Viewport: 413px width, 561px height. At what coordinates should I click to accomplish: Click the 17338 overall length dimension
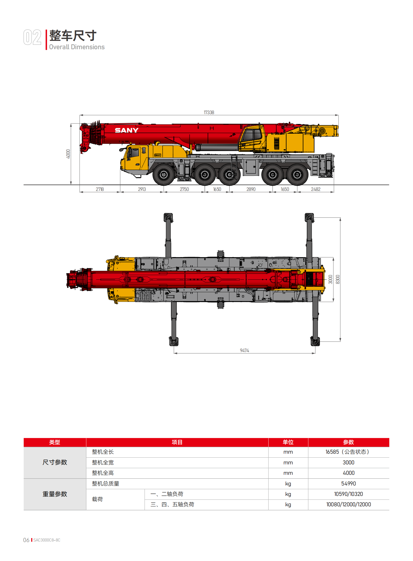[x=209, y=112]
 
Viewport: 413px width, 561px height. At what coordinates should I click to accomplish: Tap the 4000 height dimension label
[x=68, y=154]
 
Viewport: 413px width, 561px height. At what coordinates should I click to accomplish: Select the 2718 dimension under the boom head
[x=100, y=189]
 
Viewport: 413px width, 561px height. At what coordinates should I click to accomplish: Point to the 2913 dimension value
[x=142, y=189]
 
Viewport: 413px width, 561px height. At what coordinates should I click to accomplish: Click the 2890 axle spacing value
[x=251, y=189]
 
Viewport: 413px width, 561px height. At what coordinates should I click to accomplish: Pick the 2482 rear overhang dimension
[x=316, y=189]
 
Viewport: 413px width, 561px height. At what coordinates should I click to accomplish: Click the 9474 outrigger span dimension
[x=244, y=351]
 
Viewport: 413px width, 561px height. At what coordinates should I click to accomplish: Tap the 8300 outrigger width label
[x=338, y=279]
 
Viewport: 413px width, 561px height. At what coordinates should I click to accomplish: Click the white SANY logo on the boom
[x=127, y=130]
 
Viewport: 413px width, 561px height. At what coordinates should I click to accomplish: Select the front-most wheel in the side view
[x=164, y=175]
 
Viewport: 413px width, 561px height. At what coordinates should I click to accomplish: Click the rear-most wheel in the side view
[x=297, y=175]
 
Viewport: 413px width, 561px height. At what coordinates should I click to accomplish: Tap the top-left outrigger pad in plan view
[x=168, y=217]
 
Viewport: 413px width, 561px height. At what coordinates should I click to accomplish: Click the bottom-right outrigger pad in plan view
[x=315, y=341]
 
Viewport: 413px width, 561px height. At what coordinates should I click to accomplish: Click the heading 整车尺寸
[x=73, y=36]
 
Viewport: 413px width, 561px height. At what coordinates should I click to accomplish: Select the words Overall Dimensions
[x=77, y=47]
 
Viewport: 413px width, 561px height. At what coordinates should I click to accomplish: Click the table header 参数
[x=348, y=442]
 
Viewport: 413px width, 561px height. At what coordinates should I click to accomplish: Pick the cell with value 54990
[x=348, y=484]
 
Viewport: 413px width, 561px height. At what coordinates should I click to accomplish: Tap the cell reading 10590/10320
[x=348, y=494]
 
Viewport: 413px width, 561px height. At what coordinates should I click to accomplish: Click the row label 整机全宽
[x=103, y=463]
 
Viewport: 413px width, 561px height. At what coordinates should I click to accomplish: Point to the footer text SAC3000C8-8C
[x=47, y=540]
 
